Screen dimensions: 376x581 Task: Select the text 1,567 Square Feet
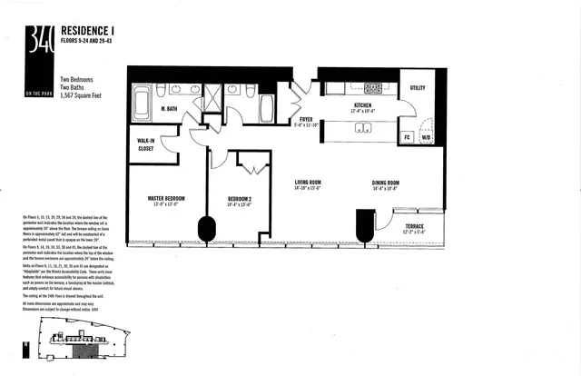click(x=90, y=94)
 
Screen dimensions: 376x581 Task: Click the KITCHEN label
click(x=364, y=105)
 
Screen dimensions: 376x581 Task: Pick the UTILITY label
click(x=418, y=88)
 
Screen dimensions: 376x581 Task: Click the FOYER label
click(x=306, y=118)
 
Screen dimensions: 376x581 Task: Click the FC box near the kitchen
click(x=408, y=138)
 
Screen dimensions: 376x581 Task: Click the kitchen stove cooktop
click(x=371, y=89)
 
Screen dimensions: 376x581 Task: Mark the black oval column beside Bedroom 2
click(x=207, y=228)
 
